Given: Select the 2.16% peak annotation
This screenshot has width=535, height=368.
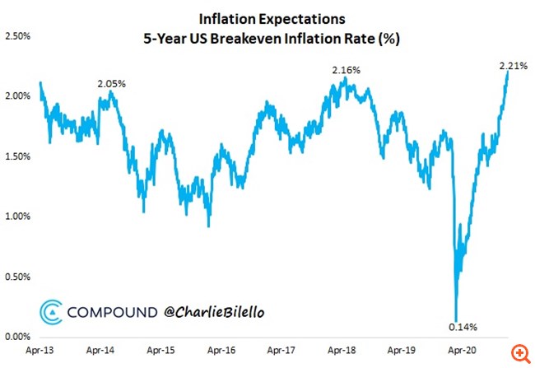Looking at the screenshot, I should pyautogui.click(x=346, y=71).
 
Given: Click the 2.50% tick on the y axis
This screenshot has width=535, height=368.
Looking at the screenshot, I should pyautogui.click(x=18, y=36).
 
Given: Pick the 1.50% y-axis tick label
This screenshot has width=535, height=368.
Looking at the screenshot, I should pyautogui.click(x=18, y=156).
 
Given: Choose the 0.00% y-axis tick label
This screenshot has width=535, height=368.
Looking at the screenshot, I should pyautogui.click(x=18, y=337).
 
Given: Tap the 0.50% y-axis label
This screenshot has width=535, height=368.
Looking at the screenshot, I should pyautogui.click(x=18, y=277).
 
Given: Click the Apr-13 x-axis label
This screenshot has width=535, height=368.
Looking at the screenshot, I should pyautogui.click(x=40, y=349).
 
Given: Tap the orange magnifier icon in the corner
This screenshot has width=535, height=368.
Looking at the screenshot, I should pyautogui.click(x=519, y=352).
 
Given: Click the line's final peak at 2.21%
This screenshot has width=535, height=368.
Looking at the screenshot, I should pyautogui.click(x=508, y=72).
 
